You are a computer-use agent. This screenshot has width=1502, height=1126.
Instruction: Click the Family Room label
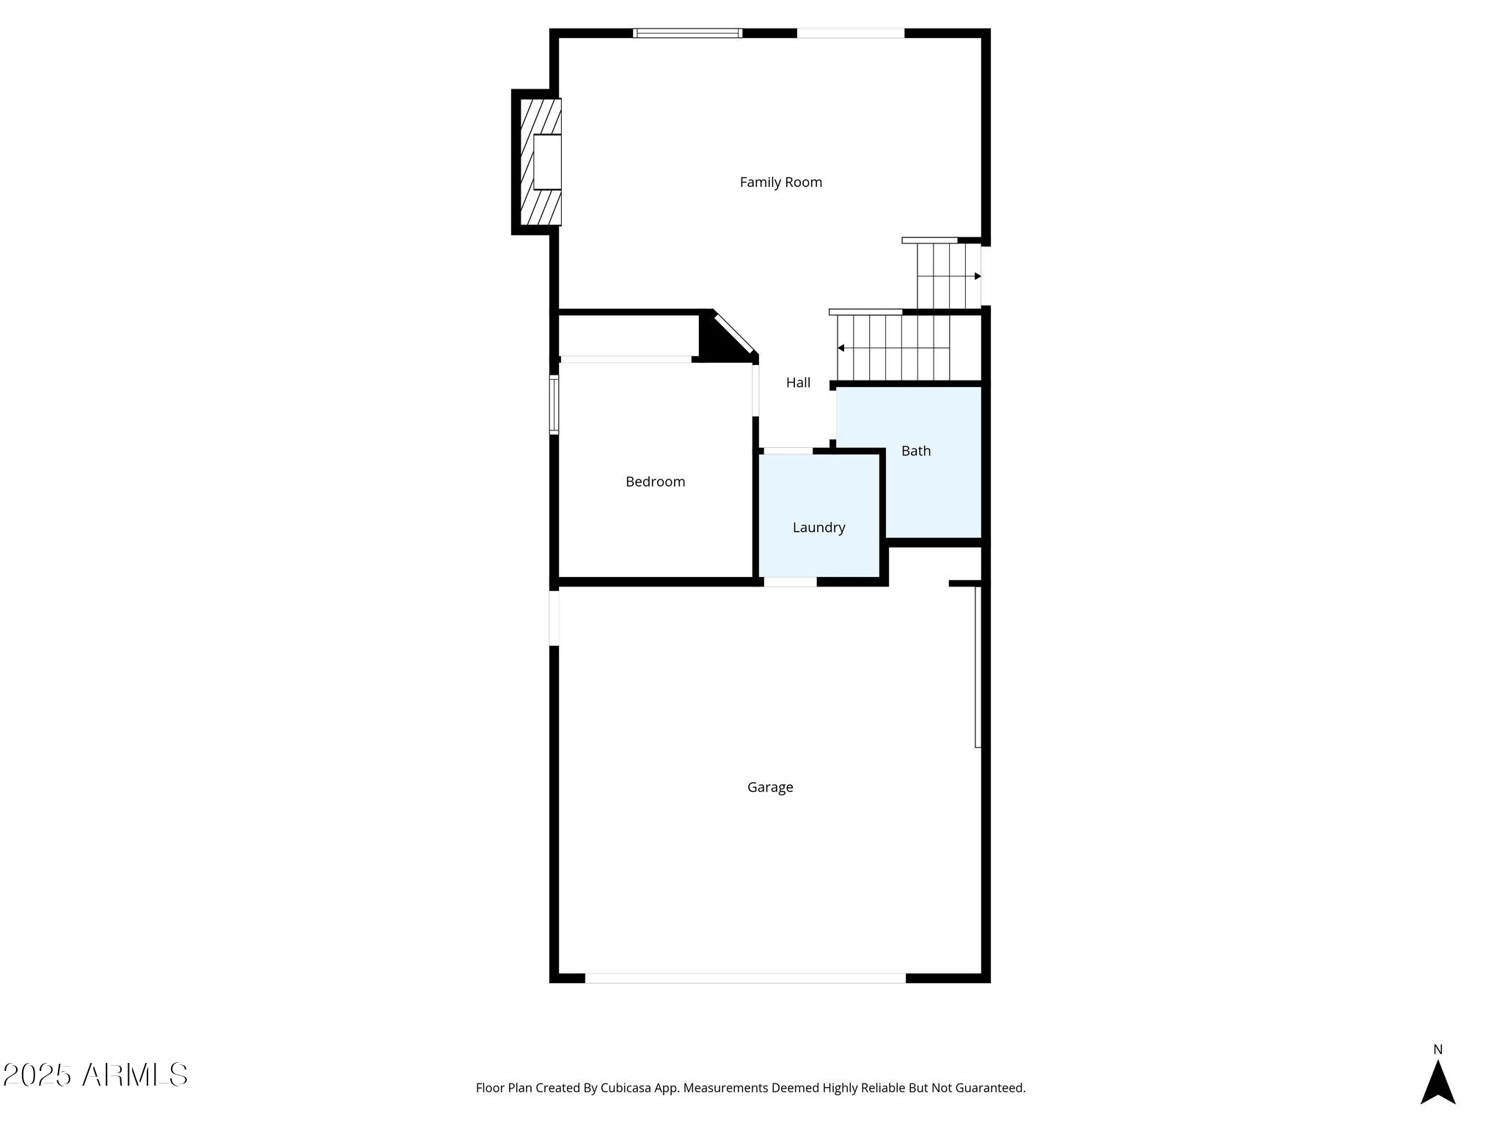780,183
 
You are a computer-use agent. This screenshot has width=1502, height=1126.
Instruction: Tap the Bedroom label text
655,482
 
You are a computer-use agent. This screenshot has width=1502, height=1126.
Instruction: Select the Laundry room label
818,527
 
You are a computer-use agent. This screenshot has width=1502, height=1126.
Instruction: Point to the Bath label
915,451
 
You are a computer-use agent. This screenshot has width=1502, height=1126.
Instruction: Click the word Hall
798,383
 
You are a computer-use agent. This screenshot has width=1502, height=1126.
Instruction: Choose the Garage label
770,787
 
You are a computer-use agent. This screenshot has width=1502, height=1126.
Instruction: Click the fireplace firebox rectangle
547,162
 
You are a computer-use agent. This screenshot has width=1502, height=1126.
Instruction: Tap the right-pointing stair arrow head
978,276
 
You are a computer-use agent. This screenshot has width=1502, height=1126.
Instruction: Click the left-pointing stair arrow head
841,347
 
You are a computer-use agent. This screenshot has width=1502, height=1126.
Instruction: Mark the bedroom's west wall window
554,405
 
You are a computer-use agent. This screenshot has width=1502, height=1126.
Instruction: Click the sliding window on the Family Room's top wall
687,33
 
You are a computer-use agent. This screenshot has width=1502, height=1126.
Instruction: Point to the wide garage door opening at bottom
745,978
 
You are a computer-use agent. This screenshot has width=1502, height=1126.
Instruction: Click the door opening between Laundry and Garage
790,582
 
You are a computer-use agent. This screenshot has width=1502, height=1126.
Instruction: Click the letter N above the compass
1437,1050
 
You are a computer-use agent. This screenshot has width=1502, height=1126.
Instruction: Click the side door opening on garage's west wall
554,617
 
